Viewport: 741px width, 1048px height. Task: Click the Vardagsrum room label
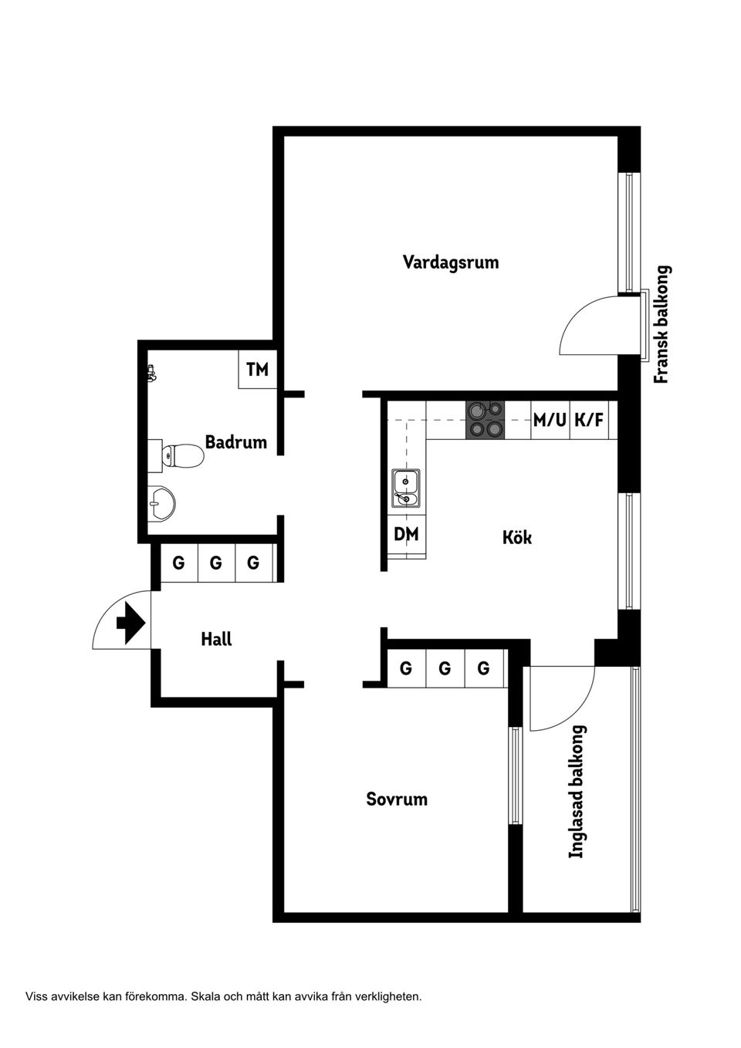tap(451, 262)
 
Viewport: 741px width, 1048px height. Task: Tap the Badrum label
tap(235, 442)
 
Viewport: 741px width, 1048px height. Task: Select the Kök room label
tap(516, 537)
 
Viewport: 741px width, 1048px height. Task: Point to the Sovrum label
tap(397, 799)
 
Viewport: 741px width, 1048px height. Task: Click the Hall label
tap(216, 639)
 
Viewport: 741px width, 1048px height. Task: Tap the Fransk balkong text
tap(661, 325)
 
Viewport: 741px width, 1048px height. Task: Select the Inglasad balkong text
tap(577, 791)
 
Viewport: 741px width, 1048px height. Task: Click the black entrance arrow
tap(130, 623)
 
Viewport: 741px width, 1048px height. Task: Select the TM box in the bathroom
tap(257, 370)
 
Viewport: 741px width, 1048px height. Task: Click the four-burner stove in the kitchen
tap(485, 420)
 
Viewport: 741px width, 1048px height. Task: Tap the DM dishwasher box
tap(406, 534)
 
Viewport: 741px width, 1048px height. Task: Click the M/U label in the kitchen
tap(550, 421)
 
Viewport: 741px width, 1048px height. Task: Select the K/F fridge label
tap(589, 421)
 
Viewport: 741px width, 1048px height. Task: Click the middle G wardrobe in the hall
tap(216, 563)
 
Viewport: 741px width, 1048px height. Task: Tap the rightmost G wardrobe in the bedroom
tap(483, 668)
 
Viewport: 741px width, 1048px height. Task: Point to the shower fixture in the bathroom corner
tap(152, 375)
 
